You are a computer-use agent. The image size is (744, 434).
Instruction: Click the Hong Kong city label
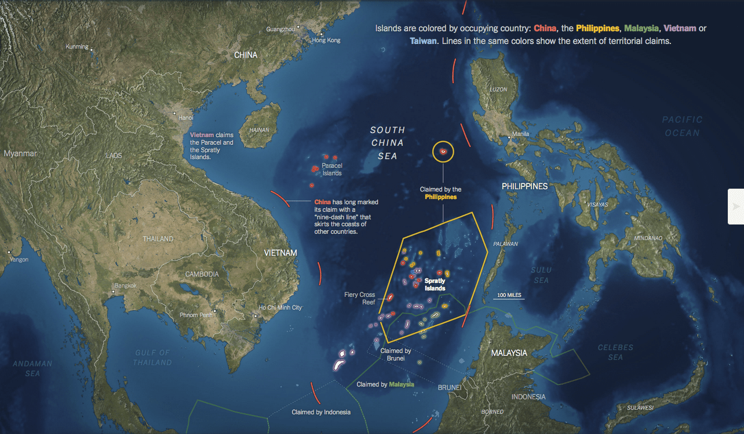[x=326, y=41]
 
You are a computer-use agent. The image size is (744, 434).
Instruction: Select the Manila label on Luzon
[x=521, y=134]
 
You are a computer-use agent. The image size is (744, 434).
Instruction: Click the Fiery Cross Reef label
[x=360, y=299]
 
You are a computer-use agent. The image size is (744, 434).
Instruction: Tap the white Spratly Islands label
[x=435, y=285]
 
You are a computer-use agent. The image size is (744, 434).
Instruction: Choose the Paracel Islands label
[x=332, y=170]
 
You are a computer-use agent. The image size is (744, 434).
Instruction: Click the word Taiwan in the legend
[x=423, y=42]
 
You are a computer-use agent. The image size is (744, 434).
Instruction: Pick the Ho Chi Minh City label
[x=280, y=308]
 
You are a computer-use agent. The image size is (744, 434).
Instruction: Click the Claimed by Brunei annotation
[x=396, y=355]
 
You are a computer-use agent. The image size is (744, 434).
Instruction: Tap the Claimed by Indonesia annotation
[x=321, y=412]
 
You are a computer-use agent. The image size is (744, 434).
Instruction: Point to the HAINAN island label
[x=259, y=130]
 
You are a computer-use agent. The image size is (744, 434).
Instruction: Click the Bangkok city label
[x=125, y=285]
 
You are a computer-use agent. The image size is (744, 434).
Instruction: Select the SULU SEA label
[x=541, y=275]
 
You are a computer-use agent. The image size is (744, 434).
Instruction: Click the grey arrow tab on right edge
[x=736, y=206]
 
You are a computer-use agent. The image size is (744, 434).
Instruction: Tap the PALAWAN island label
[x=505, y=244]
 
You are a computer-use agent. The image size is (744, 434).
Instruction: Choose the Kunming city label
[x=77, y=47]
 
